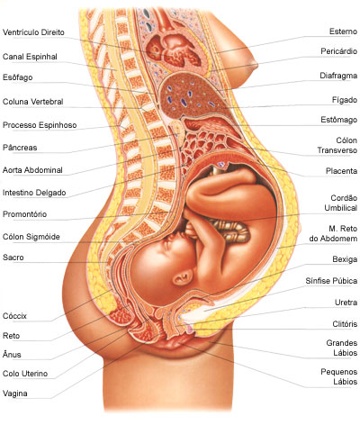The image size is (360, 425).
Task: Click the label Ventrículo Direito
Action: click(x=33, y=32)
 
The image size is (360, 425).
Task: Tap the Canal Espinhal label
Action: click(x=30, y=57)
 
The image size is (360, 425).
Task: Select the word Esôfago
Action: click(x=18, y=77)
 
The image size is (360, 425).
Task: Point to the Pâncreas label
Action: click(x=20, y=148)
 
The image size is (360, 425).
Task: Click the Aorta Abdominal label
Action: click(x=32, y=170)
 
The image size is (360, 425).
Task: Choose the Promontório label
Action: click(x=24, y=214)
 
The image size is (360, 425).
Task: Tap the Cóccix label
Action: click(x=14, y=316)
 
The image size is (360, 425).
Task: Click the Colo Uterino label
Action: click(x=25, y=374)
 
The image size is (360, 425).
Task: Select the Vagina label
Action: click(x=15, y=393)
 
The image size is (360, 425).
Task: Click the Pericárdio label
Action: click(x=338, y=51)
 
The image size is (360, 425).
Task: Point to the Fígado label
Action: click(x=345, y=100)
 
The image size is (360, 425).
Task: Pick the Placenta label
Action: click(x=341, y=171)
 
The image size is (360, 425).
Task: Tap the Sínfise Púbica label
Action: click(x=331, y=281)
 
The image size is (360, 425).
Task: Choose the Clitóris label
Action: click(x=345, y=324)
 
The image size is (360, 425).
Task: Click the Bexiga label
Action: click(x=345, y=259)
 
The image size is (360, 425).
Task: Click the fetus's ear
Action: click(x=183, y=276)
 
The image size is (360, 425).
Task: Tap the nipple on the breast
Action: click(x=255, y=65)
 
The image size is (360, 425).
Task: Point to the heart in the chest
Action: click(x=174, y=49)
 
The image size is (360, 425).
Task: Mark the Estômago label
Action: click(x=338, y=120)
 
